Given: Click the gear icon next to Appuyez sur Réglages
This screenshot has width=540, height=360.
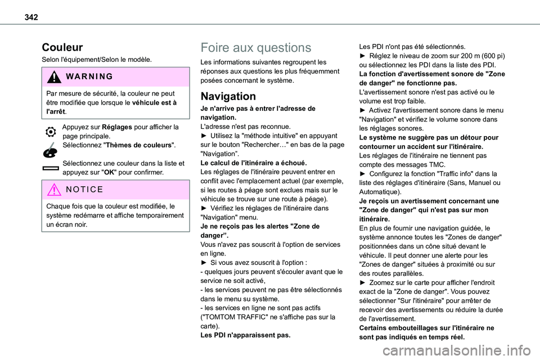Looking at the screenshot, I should pyautogui.click(x=51, y=130).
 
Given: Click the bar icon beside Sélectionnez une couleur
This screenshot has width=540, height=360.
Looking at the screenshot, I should pyautogui.click(x=51, y=168).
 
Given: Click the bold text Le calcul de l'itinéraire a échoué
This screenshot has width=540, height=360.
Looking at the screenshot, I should pyautogui.click(x=253, y=163).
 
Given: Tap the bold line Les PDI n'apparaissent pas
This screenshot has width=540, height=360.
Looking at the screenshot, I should pyautogui.click(x=246, y=335).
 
